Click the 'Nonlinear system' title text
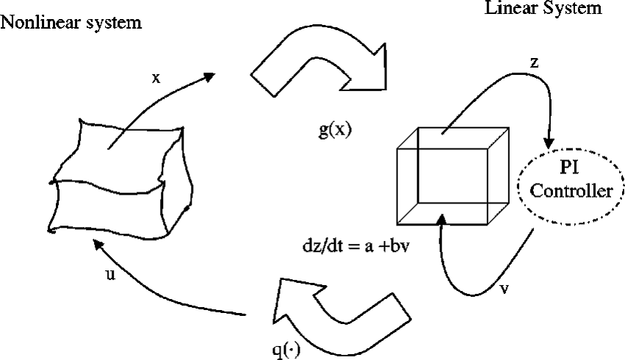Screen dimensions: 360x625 coord(72,22)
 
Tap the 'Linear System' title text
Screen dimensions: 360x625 coord(542,9)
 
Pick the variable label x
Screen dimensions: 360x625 coord(156,78)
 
